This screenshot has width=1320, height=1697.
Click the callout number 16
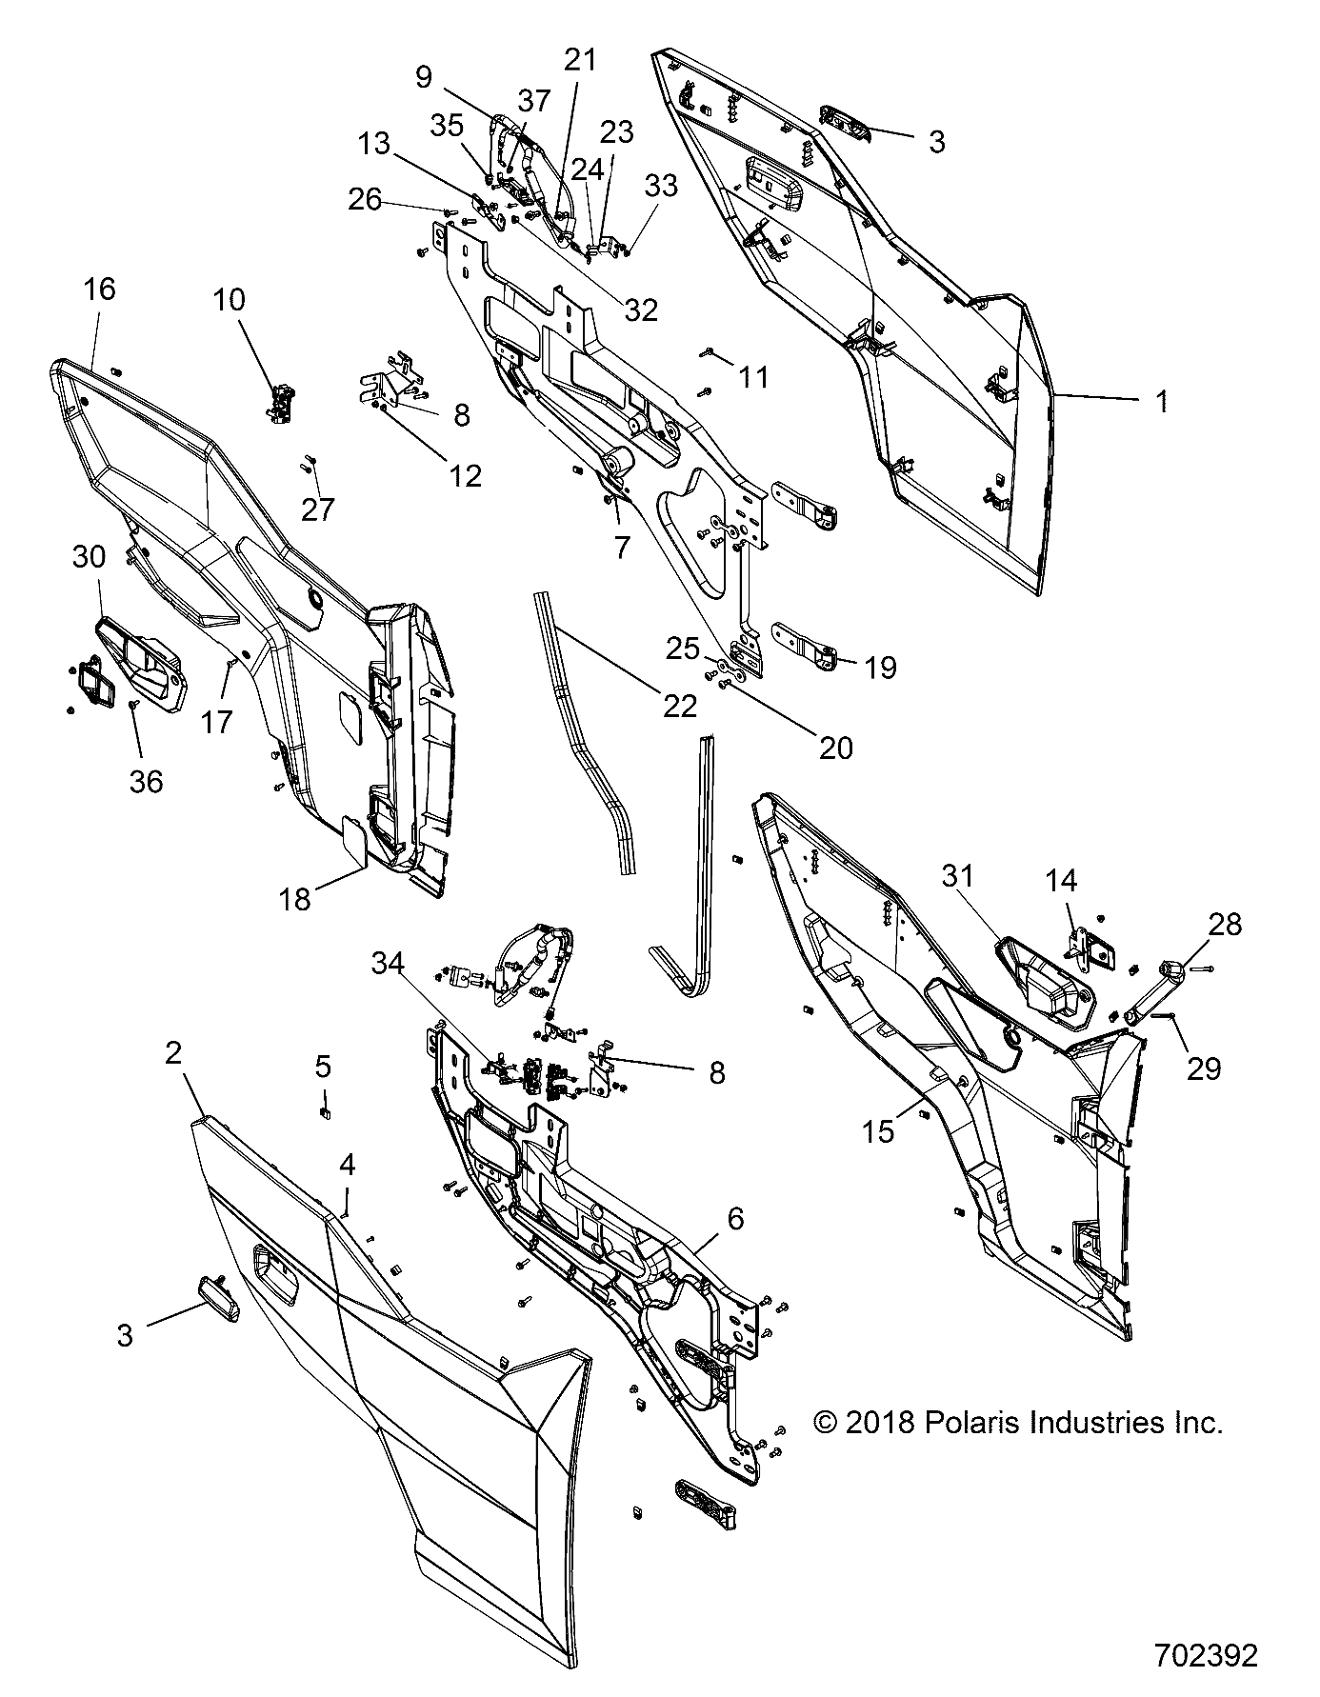99,289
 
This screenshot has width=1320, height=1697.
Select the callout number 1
1161,402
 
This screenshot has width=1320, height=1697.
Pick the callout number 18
295,898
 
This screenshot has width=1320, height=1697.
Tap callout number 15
879,1131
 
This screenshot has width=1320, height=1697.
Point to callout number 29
1204,1068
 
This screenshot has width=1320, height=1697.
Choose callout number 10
229,300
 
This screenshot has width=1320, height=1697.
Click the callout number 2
173,1053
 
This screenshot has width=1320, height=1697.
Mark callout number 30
90,557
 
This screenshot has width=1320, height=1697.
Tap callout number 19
881,668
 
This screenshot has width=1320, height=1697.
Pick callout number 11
753,377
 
